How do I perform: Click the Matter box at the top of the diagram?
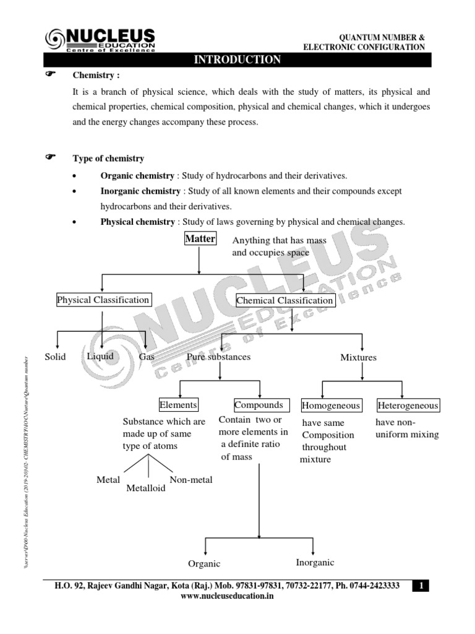(x=200, y=239)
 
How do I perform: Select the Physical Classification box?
(x=103, y=300)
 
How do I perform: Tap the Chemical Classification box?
(x=286, y=301)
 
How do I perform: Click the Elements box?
(x=178, y=405)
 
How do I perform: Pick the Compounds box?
(x=259, y=405)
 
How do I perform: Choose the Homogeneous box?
(x=331, y=406)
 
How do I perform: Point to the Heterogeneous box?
(x=408, y=406)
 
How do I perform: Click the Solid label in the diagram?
(x=55, y=357)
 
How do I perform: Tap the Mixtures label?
(x=358, y=358)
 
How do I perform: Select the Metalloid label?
(x=146, y=489)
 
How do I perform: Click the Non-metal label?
(x=190, y=479)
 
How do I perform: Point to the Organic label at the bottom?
(x=204, y=564)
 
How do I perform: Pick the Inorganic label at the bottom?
(x=315, y=563)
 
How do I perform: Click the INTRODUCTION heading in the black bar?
(x=237, y=60)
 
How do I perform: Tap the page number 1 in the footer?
(x=420, y=586)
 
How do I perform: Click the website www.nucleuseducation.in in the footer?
(x=226, y=596)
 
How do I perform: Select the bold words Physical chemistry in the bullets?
(x=137, y=222)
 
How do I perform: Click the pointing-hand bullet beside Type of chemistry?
(x=52, y=158)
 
